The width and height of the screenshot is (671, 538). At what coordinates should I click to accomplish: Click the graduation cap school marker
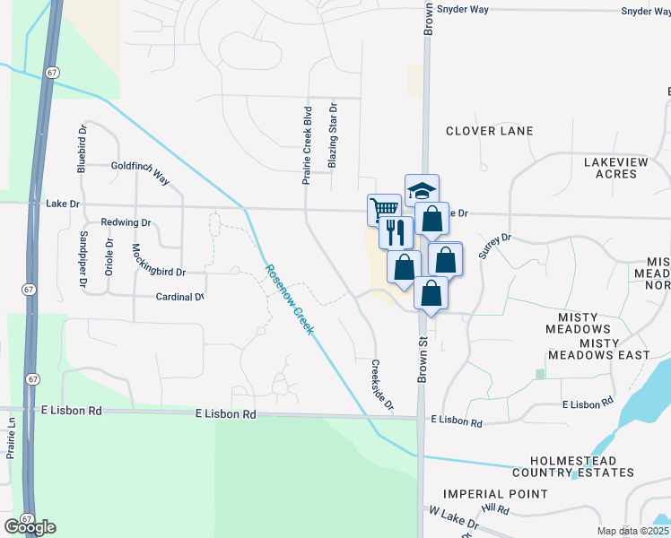pyautogui.click(x=422, y=190)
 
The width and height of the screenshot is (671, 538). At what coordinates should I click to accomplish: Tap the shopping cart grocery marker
pyautogui.click(x=384, y=209)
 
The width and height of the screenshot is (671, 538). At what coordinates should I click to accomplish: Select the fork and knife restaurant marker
pyautogui.click(x=396, y=232)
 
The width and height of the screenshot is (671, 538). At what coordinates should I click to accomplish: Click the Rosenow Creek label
pyautogui.click(x=289, y=299)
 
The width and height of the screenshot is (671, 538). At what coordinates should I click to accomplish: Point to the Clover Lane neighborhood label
pyautogui.click(x=490, y=131)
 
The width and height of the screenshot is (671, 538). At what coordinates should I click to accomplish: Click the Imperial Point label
pyautogui.click(x=495, y=494)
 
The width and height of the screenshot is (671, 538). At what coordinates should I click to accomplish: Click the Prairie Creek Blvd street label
pyautogui.click(x=307, y=145)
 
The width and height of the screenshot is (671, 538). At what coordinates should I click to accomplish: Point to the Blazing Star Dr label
pyautogui.click(x=332, y=135)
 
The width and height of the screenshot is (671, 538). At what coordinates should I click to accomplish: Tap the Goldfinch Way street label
pyautogui.click(x=140, y=167)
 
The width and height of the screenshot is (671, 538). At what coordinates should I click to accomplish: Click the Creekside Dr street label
pyautogui.click(x=382, y=386)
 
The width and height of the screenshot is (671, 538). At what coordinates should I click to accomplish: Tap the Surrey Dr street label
pyautogui.click(x=494, y=246)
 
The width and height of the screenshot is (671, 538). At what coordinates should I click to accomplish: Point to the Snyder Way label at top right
pyautogui.click(x=646, y=11)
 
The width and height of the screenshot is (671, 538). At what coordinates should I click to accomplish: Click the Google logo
pyautogui.click(x=29, y=527)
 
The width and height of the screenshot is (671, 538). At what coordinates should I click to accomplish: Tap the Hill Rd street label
pyautogui.click(x=494, y=509)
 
